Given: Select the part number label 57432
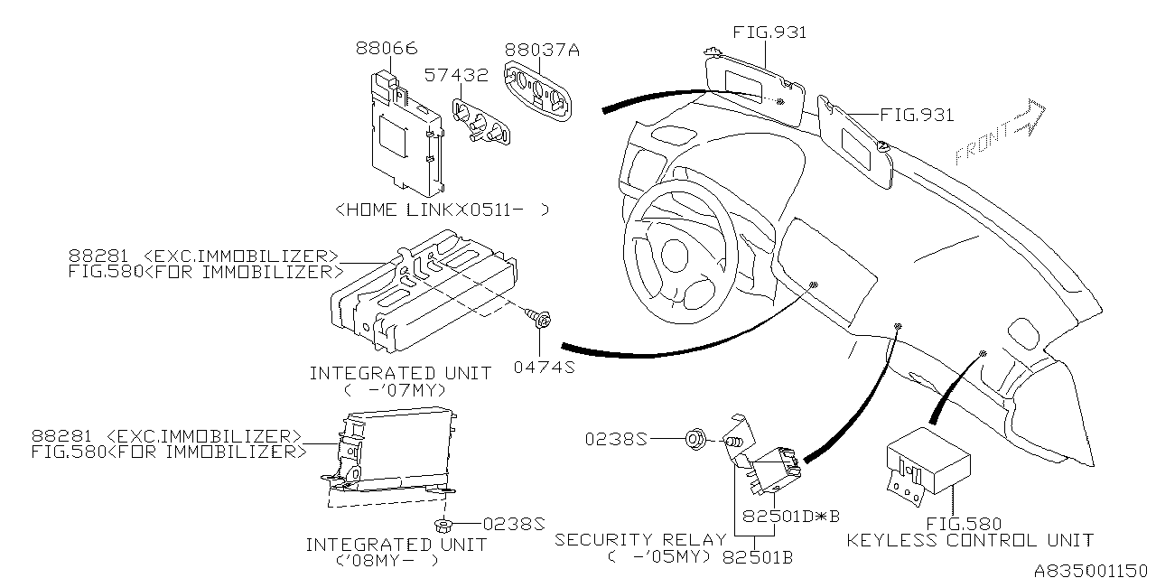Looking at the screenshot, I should [457, 76].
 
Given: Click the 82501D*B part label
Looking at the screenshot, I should [791, 517].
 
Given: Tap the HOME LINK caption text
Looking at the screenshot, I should [442, 210].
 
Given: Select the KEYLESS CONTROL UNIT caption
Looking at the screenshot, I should [969, 541].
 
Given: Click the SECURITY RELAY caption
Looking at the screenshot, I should [640, 540].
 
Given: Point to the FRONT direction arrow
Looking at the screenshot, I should [999, 133].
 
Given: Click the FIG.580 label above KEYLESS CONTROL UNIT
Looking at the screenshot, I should [963, 523].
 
